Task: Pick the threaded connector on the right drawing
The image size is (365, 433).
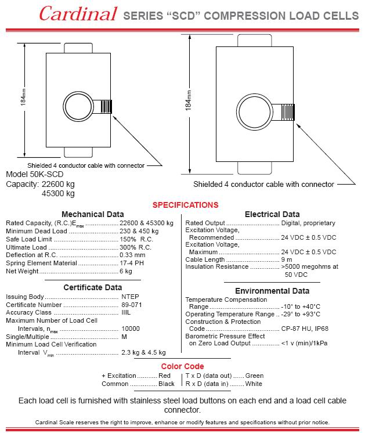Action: [286, 111]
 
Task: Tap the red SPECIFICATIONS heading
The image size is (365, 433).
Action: [185, 205]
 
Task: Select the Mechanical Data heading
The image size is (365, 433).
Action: [92, 214]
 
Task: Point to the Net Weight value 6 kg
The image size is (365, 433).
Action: [126, 271]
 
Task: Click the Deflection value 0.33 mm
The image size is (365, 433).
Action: [132, 255]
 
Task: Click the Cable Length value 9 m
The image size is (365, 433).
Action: [287, 259]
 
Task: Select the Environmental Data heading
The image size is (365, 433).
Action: [272, 291]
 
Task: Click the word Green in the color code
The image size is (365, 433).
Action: [254, 376]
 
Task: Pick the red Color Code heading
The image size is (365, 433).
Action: [182, 366]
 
